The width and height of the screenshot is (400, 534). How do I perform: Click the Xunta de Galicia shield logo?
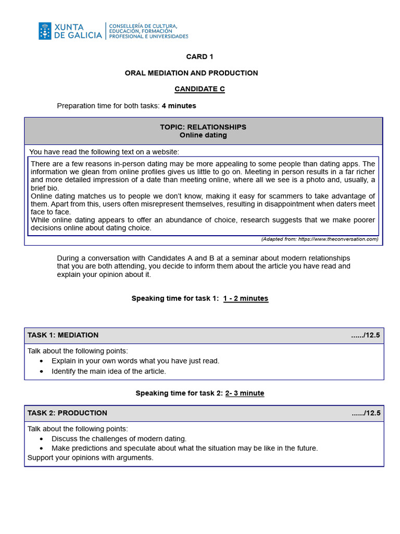tap(45, 31)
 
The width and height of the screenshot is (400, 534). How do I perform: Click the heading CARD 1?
tap(199, 57)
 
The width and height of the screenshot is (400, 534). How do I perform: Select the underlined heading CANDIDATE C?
tap(199, 89)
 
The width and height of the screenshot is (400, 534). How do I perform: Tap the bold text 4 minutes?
tap(179, 106)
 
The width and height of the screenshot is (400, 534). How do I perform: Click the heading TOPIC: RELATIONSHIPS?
tap(203, 127)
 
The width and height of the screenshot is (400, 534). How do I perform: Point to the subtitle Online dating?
tap(203, 135)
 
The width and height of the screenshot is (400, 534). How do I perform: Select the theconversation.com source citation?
tap(319, 239)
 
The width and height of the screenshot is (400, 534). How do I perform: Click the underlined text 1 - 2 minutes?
tap(245, 299)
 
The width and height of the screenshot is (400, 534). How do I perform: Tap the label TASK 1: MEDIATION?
tap(63, 335)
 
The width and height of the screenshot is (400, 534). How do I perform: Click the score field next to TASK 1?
tap(366, 335)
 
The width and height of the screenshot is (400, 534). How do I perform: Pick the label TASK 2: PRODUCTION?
tap(67, 413)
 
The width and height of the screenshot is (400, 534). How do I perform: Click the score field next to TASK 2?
tap(366, 413)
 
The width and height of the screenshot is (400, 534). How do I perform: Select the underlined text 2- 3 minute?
tap(244, 393)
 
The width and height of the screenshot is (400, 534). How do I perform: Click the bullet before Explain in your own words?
tap(42, 361)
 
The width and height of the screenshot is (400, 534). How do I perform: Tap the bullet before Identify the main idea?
tap(42, 371)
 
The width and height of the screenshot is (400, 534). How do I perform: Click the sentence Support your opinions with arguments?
tap(91, 458)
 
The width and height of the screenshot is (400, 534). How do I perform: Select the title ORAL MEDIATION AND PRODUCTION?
tap(191, 73)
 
